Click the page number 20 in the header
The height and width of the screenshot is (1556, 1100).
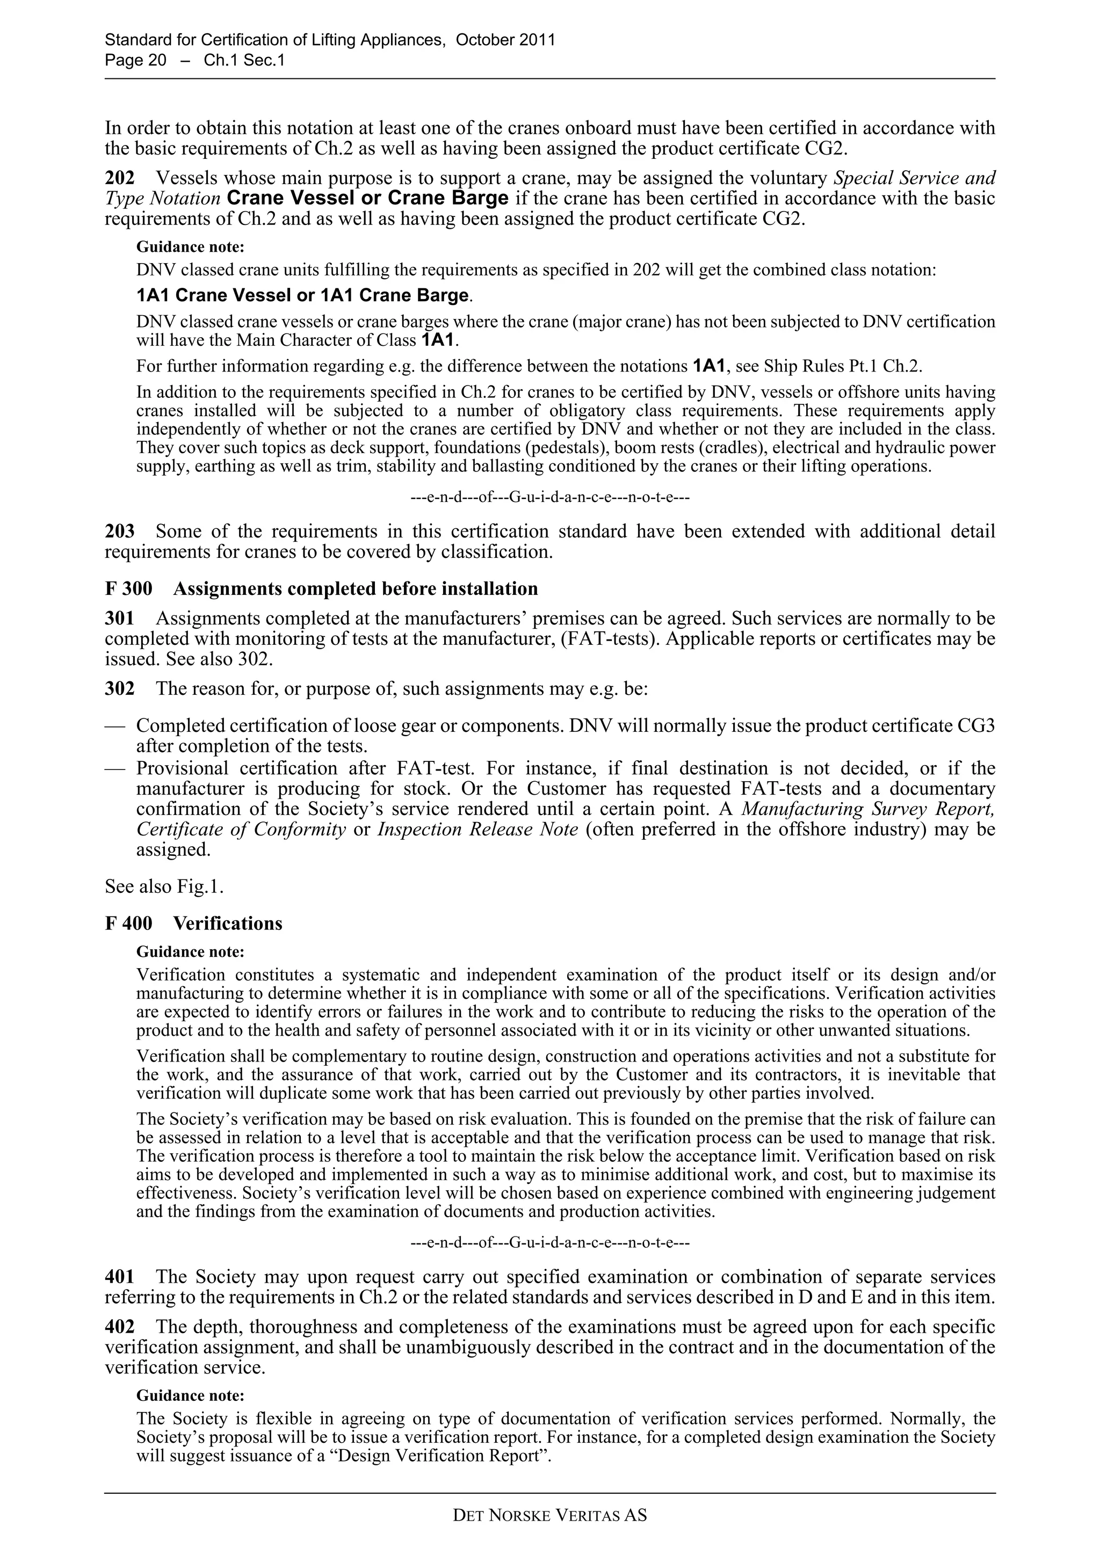click(x=156, y=60)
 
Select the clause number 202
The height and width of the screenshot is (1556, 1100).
click(x=119, y=178)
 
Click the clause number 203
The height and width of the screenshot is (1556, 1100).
click(x=119, y=532)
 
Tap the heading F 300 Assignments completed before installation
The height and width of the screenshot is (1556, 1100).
click(x=321, y=588)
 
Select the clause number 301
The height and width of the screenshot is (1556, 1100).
click(x=119, y=618)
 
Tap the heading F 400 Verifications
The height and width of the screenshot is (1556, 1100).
click(x=193, y=923)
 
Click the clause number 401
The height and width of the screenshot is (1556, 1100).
click(x=119, y=1277)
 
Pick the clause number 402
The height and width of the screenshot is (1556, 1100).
click(x=119, y=1326)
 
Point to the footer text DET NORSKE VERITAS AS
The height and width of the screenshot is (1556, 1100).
click(x=549, y=1515)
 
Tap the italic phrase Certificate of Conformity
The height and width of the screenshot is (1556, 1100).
click(x=241, y=830)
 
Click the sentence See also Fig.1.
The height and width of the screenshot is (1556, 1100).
click(x=164, y=886)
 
